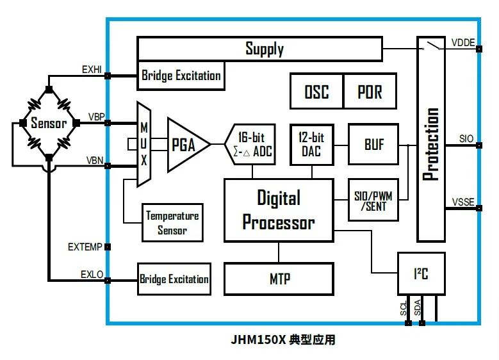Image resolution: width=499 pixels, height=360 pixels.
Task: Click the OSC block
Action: tap(316, 91)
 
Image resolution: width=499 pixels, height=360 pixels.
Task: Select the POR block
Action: tap(370, 91)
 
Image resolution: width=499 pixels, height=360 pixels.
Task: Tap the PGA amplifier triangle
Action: tap(188, 145)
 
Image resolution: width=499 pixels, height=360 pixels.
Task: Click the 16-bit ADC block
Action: tap(250, 144)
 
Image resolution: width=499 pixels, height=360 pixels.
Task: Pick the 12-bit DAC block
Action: tap(312, 145)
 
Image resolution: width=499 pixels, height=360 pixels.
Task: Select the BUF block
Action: tap(373, 144)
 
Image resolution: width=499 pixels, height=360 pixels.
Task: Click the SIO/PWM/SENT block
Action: tap(373, 200)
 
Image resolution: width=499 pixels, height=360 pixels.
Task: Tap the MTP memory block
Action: tap(279, 279)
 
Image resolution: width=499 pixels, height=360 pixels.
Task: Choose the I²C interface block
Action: tap(421, 274)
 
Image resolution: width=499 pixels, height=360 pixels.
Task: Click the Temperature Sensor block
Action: tap(172, 222)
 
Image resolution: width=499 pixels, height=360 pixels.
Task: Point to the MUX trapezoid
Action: tap(144, 144)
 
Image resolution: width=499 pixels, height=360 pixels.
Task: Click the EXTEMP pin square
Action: tap(108, 247)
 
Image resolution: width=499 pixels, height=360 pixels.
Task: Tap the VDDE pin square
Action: tap(479, 49)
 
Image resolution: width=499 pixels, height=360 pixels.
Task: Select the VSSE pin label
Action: tap(463, 202)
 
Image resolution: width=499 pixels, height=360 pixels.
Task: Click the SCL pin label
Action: tap(404, 308)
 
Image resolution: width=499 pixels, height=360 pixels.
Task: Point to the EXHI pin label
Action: tap(92, 69)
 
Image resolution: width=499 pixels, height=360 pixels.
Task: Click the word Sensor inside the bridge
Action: tap(49, 123)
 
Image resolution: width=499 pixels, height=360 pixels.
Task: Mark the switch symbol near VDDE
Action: tap(432, 46)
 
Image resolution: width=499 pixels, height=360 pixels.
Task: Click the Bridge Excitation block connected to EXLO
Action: tap(174, 279)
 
